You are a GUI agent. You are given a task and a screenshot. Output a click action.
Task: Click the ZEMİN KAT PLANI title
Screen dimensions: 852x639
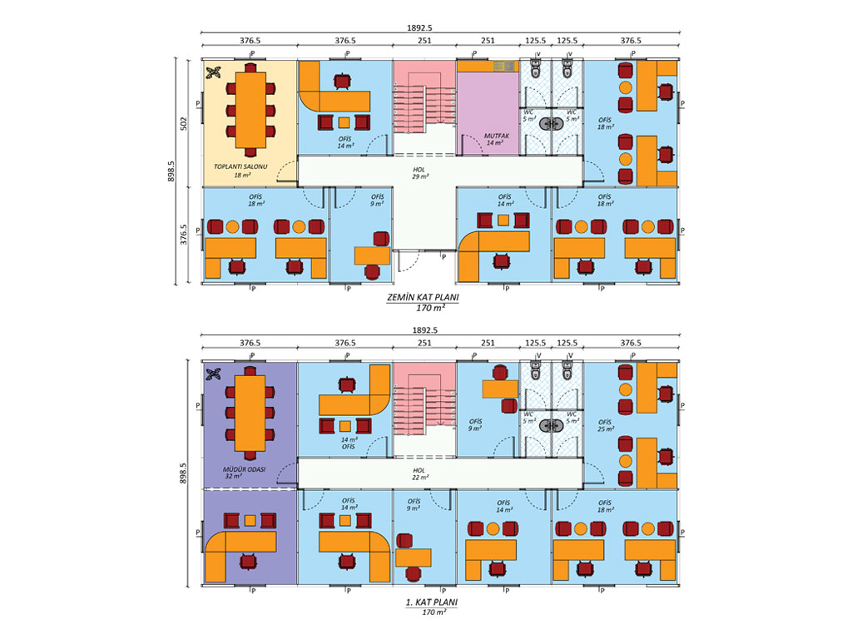(x=423, y=297)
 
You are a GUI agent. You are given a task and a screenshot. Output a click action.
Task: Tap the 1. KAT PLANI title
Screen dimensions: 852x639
(x=432, y=602)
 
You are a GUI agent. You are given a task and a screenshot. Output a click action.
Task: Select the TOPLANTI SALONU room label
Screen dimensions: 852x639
(x=240, y=166)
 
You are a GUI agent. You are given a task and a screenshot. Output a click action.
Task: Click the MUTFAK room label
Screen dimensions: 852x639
(x=497, y=136)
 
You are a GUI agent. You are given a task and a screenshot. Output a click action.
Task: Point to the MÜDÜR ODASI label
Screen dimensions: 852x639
(x=244, y=469)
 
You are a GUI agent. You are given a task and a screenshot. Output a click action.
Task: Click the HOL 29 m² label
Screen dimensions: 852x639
(x=419, y=173)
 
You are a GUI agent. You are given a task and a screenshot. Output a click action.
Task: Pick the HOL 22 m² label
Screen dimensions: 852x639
(x=419, y=473)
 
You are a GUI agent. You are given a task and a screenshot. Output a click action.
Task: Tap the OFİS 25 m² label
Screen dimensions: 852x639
(x=606, y=425)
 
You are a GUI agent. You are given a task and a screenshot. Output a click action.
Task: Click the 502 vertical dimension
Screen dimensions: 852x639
(x=183, y=123)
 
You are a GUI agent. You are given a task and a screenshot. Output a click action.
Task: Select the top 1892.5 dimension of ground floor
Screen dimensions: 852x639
(x=419, y=27)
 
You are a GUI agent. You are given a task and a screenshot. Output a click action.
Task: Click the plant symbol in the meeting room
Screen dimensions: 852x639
(x=213, y=72)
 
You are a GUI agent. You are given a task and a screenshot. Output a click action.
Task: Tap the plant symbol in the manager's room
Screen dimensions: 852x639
(x=213, y=374)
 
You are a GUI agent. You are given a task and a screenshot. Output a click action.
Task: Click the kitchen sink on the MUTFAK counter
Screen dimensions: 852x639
(x=503, y=66)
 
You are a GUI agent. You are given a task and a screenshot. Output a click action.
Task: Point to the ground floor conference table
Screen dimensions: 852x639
(x=250, y=111)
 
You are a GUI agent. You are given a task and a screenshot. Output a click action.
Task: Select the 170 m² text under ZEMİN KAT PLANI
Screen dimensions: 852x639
(x=430, y=308)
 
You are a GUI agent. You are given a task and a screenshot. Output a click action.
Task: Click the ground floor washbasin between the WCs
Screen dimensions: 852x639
(x=552, y=124)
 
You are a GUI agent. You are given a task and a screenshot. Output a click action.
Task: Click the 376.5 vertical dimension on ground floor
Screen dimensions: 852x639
(x=183, y=235)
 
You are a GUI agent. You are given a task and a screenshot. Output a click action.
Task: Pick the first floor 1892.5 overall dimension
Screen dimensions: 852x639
(x=424, y=329)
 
